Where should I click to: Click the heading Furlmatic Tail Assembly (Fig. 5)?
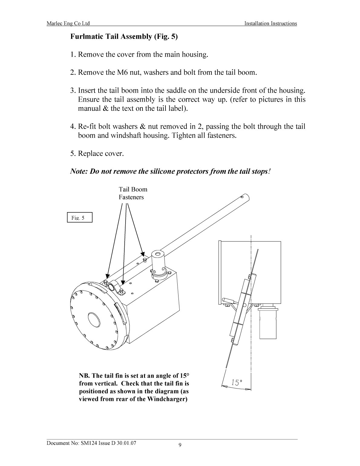coord(124,37)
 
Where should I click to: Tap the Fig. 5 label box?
coord(79,218)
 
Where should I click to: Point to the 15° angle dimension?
coord(237,382)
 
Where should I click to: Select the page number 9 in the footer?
coord(180,445)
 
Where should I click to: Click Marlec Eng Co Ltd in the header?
coord(68,24)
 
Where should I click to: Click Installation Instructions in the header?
coord(270,24)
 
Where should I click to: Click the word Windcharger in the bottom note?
coord(167,399)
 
